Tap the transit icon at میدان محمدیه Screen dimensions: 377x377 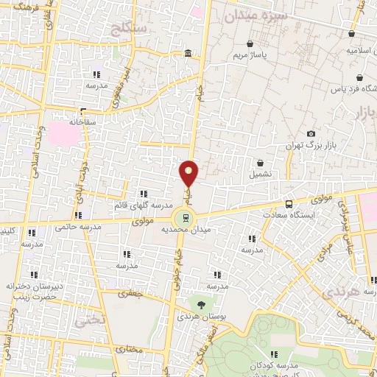point(185,217)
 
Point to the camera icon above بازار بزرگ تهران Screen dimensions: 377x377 point(311,133)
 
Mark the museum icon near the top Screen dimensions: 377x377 point(189,54)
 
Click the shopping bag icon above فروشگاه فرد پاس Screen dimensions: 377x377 point(359,78)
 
